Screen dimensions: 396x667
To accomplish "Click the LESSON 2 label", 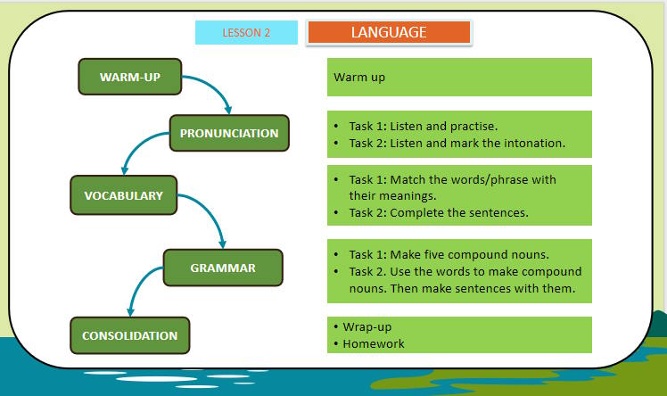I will click(x=246, y=33).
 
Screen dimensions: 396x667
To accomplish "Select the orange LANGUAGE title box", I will click(x=388, y=32).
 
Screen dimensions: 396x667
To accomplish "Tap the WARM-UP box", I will click(x=130, y=77).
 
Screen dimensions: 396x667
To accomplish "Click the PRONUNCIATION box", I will click(x=229, y=133).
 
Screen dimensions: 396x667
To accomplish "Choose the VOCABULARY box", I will click(x=124, y=195).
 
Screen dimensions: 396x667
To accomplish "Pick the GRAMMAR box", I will click(x=223, y=268).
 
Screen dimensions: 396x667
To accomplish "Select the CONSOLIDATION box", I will click(x=129, y=335).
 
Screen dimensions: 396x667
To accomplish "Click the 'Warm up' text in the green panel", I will click(x=359, y=78).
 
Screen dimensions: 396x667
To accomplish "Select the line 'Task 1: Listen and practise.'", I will click(x=423, y=127).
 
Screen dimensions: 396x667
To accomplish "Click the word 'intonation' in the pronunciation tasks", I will click(x=536, y=143).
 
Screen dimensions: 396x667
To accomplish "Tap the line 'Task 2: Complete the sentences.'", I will click(x=439, y=212).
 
